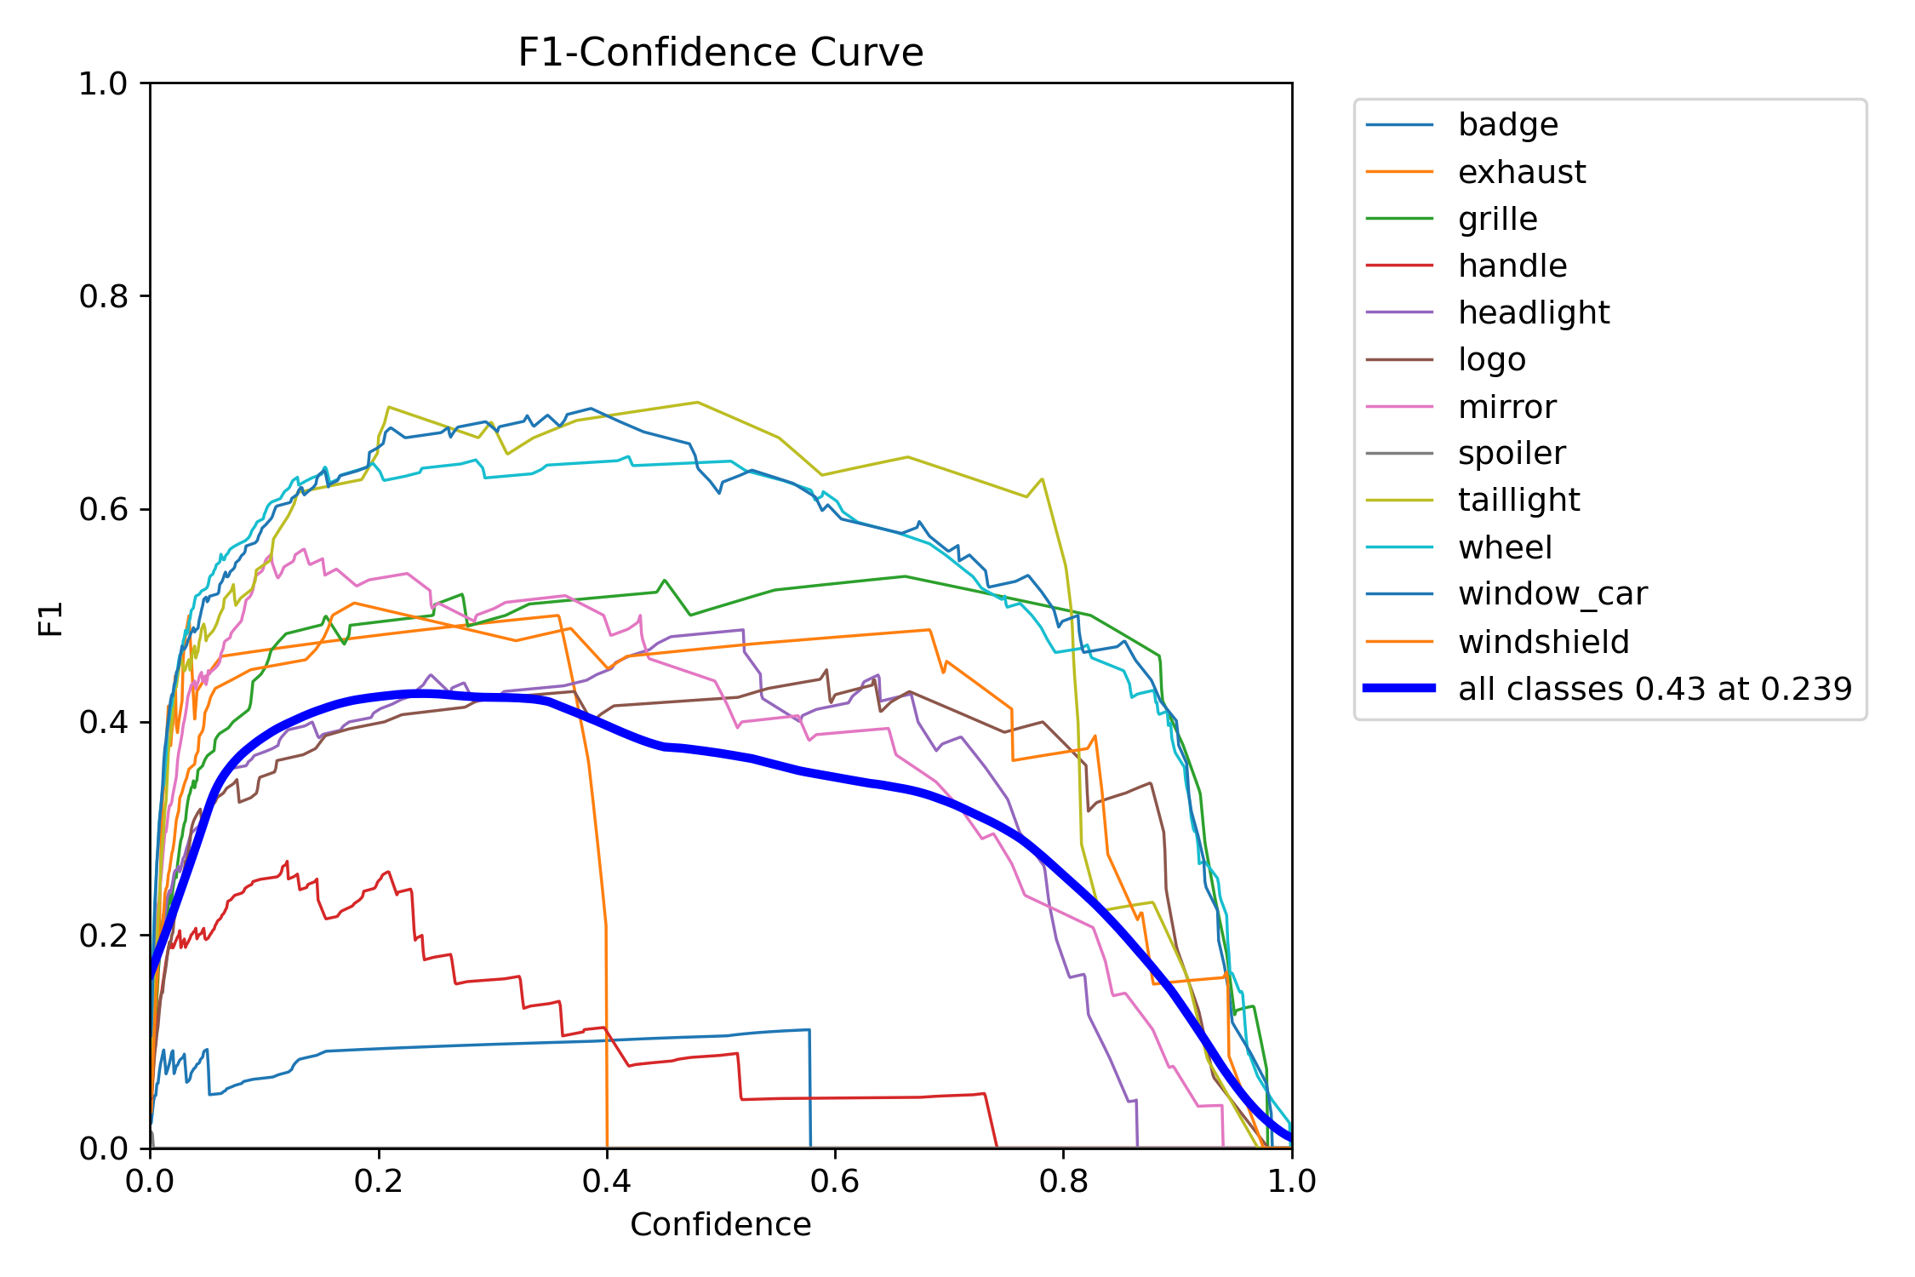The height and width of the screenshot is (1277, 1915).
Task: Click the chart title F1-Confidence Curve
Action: [720, 53]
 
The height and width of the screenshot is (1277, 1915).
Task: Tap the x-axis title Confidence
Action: [720, 1224]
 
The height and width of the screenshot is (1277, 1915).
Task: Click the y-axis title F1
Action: [51, 619]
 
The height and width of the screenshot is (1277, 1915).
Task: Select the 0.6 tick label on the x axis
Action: [834, 1181]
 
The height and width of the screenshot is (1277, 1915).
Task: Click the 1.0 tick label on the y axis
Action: [102, 83]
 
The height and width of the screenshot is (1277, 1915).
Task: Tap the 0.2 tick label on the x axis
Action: [378, 1181]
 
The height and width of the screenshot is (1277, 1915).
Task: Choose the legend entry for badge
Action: [1507, 125]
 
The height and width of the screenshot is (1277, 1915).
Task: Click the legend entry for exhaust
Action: [1521, 172]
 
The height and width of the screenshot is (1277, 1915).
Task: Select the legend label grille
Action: [1497, 219]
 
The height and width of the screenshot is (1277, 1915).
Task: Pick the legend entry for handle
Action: [1512, 266]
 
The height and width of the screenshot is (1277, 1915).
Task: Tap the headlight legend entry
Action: [1533, 312]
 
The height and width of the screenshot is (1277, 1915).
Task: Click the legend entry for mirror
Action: [1506, 407]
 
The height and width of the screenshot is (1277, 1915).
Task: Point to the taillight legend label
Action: [1518, 500]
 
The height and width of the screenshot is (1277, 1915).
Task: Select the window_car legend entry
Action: [1552, 593]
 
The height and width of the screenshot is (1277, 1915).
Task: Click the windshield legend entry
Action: [1543, 641]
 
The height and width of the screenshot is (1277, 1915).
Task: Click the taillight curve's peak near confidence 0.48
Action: [697, 402]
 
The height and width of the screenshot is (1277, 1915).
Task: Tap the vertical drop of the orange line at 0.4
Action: [606, 1039]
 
